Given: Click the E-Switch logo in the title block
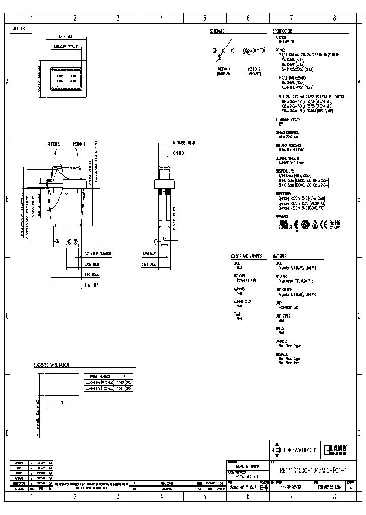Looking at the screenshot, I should tap(295, 450).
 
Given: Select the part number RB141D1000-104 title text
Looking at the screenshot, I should tap(313, 471).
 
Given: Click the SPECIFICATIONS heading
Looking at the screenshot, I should tap(286, 31).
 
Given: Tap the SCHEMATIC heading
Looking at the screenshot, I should tap(217, 31).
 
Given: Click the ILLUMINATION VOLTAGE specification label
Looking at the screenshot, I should tap(288, 118).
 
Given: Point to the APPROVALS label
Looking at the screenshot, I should tap(281, 216).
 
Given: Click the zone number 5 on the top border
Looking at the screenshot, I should tap(205, 18).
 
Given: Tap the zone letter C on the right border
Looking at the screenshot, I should tap(359, 316).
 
